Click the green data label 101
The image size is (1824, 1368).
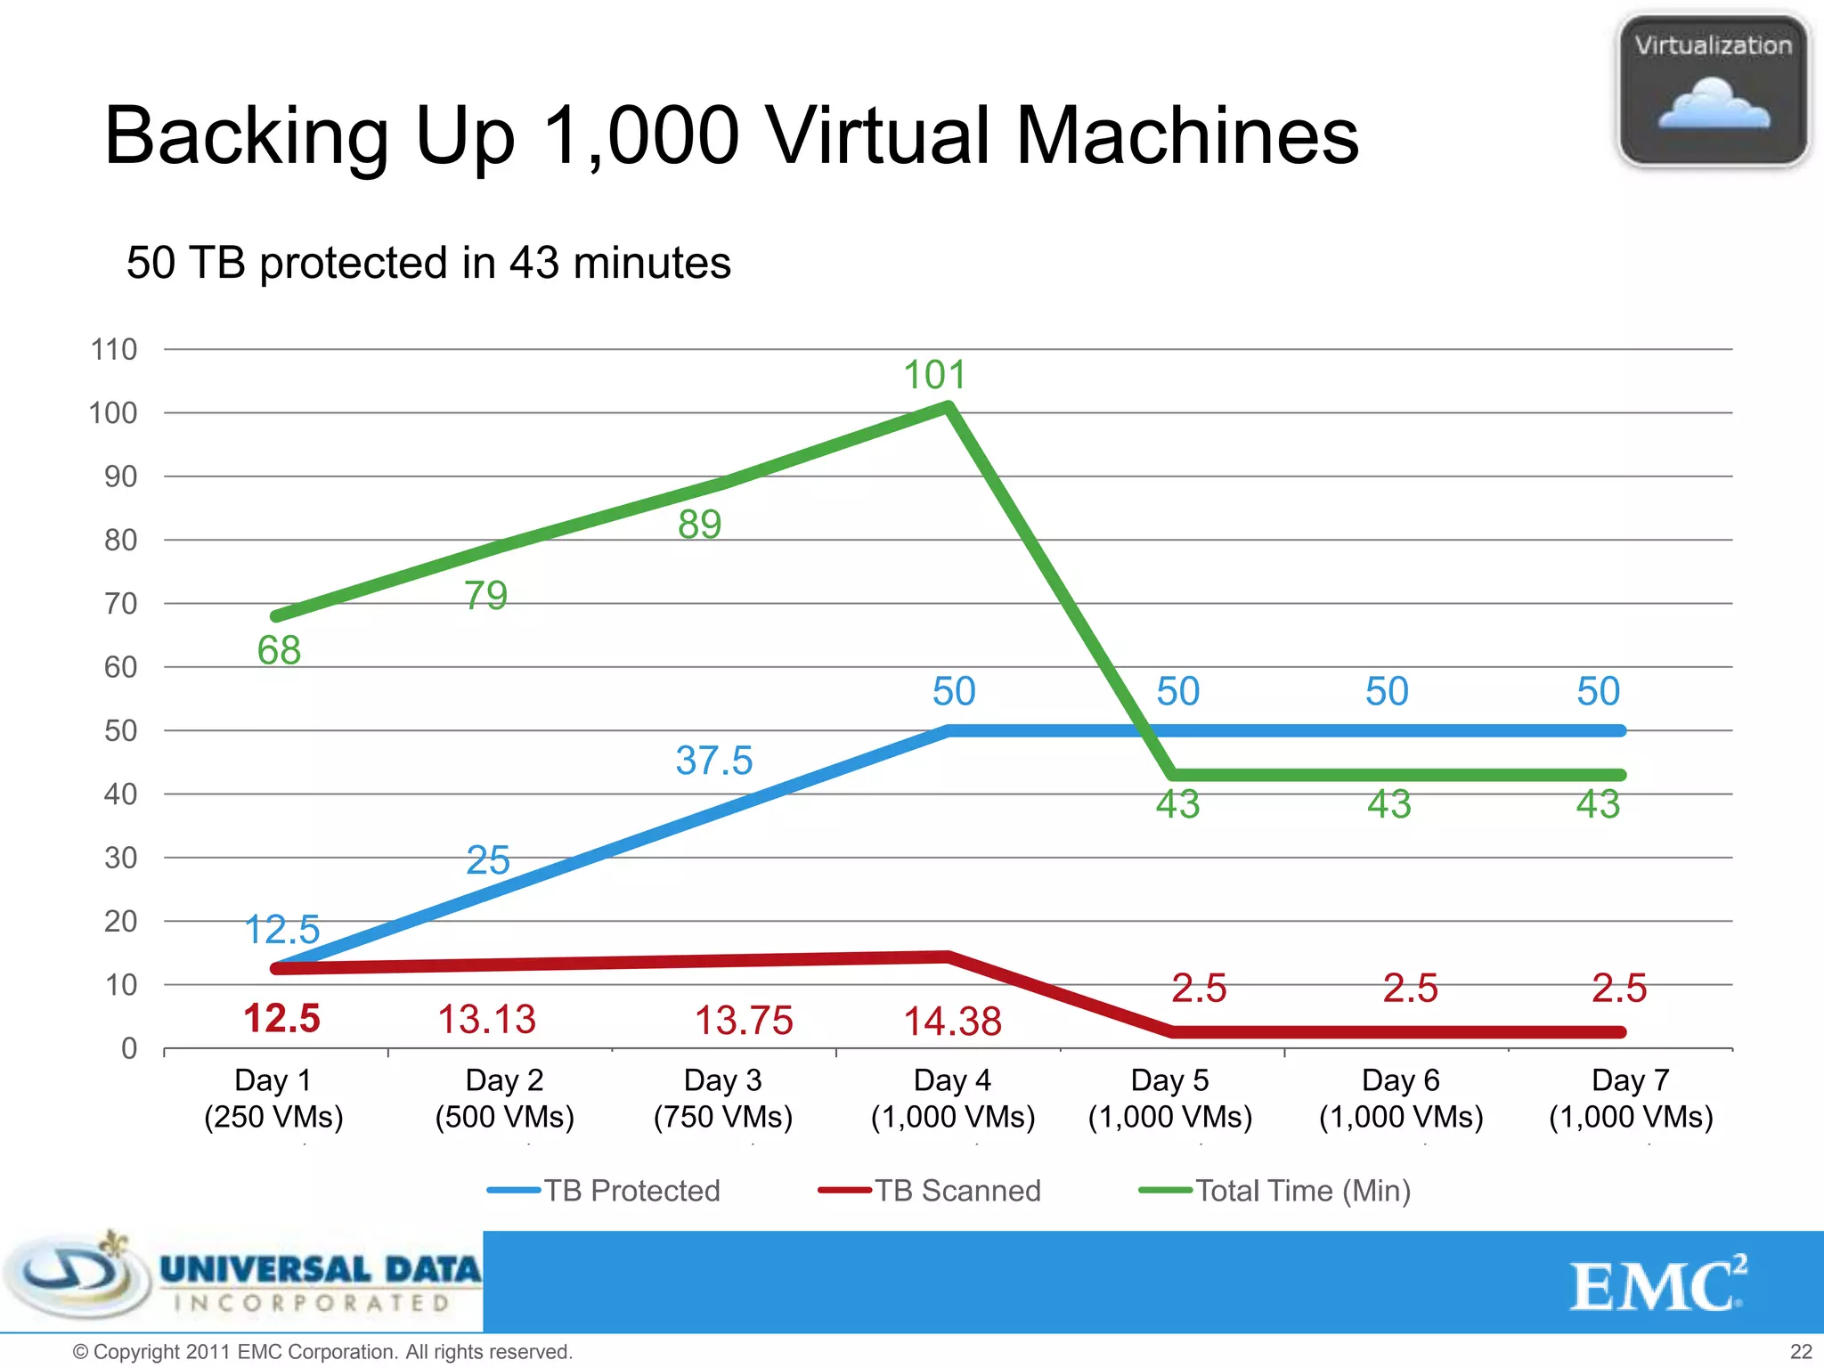coord(934,375)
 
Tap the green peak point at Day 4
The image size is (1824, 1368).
coord(949,408)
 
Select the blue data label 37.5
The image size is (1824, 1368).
coord(713,761)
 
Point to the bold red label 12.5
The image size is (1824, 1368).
coord(281,1018)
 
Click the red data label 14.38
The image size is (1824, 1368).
coord(952,1022)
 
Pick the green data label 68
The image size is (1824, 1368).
coord(279,650)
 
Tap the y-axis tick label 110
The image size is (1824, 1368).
coord(114,349)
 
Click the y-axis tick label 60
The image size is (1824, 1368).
coord(120,667)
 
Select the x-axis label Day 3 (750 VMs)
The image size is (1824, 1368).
coord(722,1098)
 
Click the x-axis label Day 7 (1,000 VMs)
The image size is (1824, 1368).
coord(1630,1098)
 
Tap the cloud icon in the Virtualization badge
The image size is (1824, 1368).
coord(1713,105)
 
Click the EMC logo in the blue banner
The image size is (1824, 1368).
coord(1657,1285)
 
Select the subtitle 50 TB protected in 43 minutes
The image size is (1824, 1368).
coord(428,263)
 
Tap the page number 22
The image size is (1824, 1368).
coord(1800,1351)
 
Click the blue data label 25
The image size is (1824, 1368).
coord(488,860)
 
